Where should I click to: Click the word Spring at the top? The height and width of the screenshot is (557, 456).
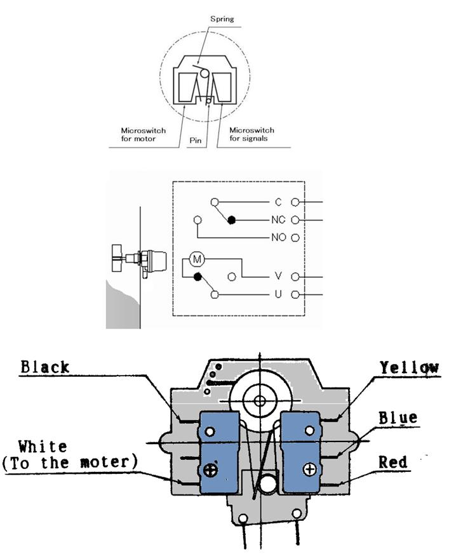[x=222, y=19]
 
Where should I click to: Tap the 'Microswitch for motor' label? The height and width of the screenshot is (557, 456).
[x=143, y=134]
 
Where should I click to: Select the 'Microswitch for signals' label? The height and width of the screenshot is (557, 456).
[x=252, y=134]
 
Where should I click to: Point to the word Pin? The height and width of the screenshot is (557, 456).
[x=195, y=141]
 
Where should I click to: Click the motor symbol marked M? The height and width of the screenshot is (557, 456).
[x=197, y=259]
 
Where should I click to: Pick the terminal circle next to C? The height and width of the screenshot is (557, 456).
[x=295, y=202]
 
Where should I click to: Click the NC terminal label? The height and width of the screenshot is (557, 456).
[x=278, y=220]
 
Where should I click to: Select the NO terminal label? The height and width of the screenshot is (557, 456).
[x=279, y=238]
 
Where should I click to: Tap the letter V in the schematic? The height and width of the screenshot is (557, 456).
[x=278, y=276]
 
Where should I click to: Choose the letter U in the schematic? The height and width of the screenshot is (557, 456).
[x=278, y=294]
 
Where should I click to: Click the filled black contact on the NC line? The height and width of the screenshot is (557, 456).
[x=232, y=220]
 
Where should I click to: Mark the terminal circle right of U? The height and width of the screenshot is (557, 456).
[x=295, y=294]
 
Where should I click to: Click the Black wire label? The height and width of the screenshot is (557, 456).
[x=45, y=367]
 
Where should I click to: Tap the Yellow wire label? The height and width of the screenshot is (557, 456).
[x=410, y=368]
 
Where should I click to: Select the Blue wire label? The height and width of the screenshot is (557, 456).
[x=398, y=417]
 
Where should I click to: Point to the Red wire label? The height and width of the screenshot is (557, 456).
[x=392, y=462]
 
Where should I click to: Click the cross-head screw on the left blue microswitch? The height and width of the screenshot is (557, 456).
[x=210, y=470]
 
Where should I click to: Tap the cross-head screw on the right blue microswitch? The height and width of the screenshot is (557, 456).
[x=309, y=469]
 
